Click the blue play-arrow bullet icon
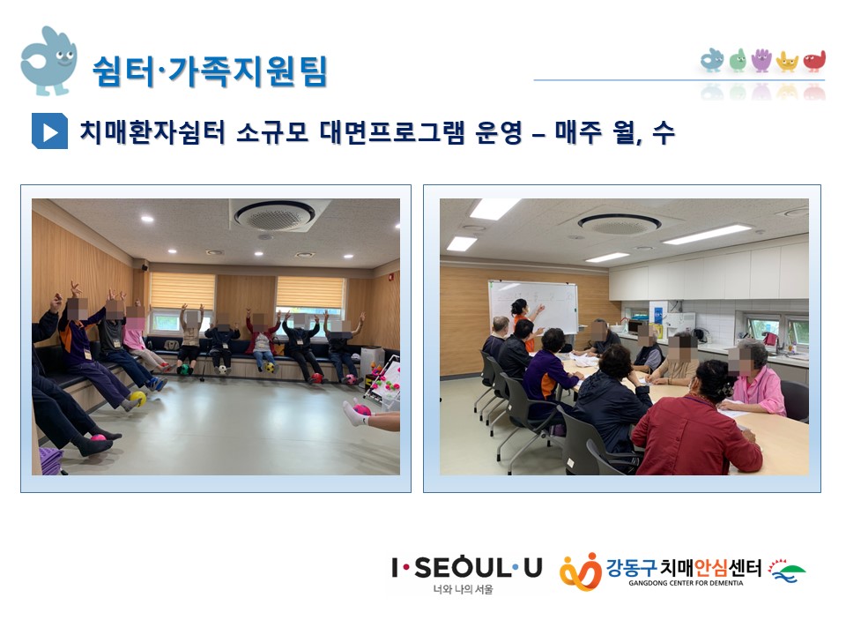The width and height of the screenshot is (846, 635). (49, 131)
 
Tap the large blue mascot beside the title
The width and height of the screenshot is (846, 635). (48, 61)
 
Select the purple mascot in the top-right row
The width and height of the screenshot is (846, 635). (761, 61)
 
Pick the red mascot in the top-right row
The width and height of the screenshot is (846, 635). (814, 61)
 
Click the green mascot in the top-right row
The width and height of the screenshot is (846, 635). (738, 61)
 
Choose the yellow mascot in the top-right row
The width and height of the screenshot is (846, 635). (787, 62)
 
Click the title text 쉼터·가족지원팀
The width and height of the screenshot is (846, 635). (210, 71)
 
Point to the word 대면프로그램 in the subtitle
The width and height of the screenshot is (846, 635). (391, 131)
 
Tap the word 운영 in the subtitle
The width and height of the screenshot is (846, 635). (499, 131)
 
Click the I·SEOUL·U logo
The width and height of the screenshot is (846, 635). (467, 568)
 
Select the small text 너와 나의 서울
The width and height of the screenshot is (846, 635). (463, 590)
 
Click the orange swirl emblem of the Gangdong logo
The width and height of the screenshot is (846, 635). (581, 571)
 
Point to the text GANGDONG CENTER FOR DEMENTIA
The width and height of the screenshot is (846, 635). (686, 583)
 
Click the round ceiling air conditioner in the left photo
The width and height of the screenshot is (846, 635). (275, 215)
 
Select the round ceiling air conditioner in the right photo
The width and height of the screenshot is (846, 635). (620, 223)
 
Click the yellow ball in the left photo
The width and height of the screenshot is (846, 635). (138, 399)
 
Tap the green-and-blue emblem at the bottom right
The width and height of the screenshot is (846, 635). (787, 571)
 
